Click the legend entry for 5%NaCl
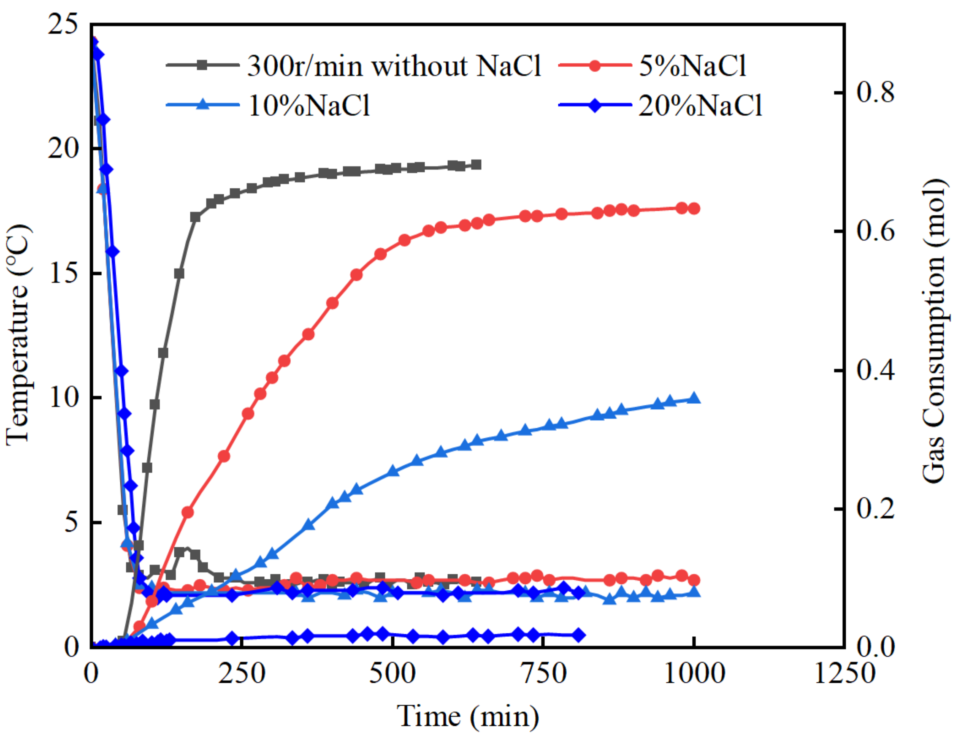(692, 66)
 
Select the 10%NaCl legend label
(309, 106)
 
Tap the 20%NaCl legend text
(700, 106)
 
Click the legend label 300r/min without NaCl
(394, 66)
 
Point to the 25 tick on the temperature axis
(62, 24)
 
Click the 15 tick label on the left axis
(62, 274)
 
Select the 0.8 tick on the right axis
(875, 92)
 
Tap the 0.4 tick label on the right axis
(875, 370)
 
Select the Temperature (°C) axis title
(19, 335)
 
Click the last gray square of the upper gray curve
(476, 165)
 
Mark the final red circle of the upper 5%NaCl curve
(694, 209)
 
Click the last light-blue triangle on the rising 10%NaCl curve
(694, 398)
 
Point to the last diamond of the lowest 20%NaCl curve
(579, 635)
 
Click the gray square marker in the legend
(202, 65)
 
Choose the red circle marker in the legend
(595, 65)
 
